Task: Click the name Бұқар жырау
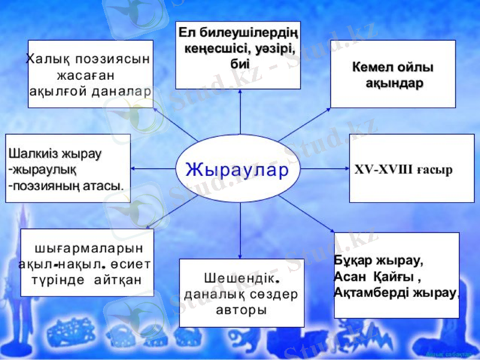pos(378,263)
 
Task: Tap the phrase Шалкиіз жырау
pos(55,154)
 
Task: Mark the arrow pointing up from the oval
pos(240,111)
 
